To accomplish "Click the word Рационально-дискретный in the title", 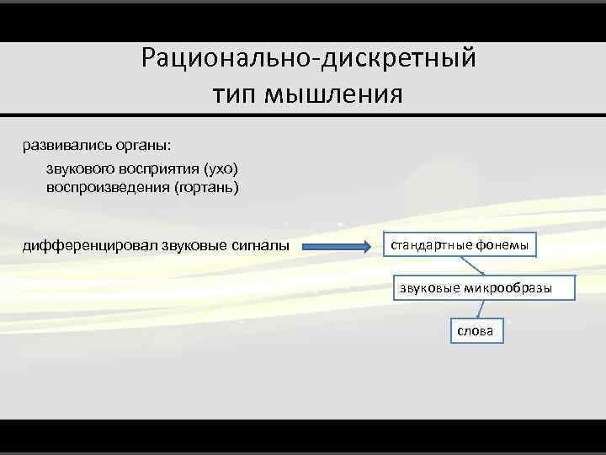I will [309, 59].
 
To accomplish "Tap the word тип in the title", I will [237, 92].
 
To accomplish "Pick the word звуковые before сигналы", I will [189, 246].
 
